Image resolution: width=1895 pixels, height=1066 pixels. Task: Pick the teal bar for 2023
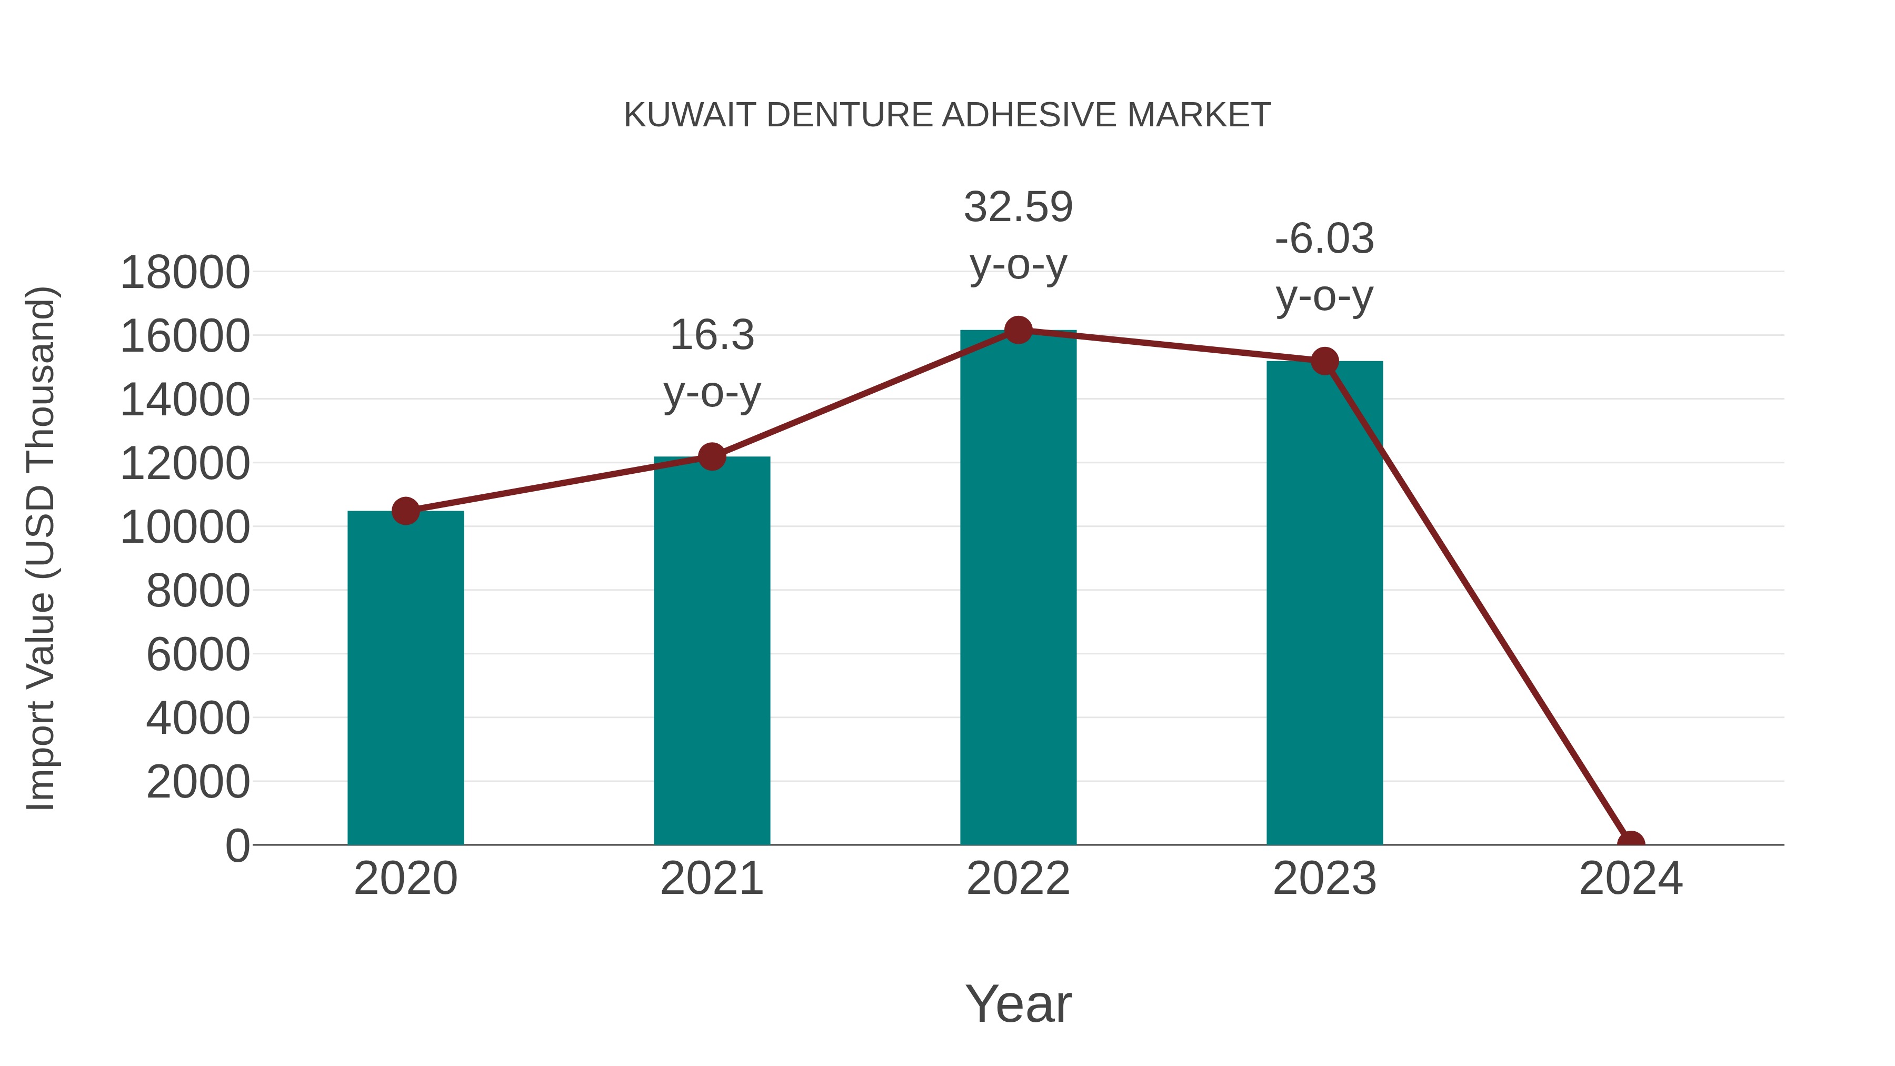click(1324, 603)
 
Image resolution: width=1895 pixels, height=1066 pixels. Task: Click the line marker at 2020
click(405, 511)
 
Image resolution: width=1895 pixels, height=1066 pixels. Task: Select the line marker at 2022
click(1018, 330)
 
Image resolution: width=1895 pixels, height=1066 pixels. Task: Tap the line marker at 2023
click(1324, 361)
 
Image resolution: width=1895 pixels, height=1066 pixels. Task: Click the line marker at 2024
click(1630, 843)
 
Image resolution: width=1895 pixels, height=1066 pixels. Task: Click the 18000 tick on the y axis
click(185, 272)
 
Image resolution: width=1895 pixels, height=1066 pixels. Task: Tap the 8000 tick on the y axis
click(198, 591)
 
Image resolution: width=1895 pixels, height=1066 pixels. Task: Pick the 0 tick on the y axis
click(237, 845)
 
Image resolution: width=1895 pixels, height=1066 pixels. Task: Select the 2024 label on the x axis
click(1630, 879)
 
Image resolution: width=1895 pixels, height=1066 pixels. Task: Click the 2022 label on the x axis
click(1018, 879)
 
